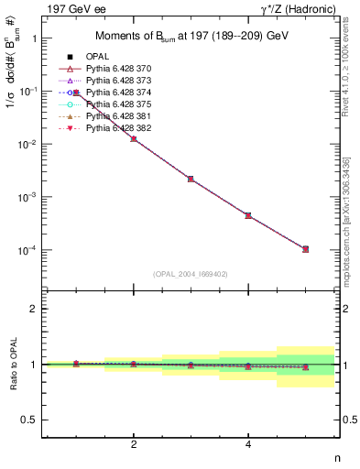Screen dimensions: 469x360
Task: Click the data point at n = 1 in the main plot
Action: click(77, 93)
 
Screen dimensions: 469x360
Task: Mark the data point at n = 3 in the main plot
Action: click(191, 179)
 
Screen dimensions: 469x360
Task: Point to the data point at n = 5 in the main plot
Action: click(305, 248)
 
